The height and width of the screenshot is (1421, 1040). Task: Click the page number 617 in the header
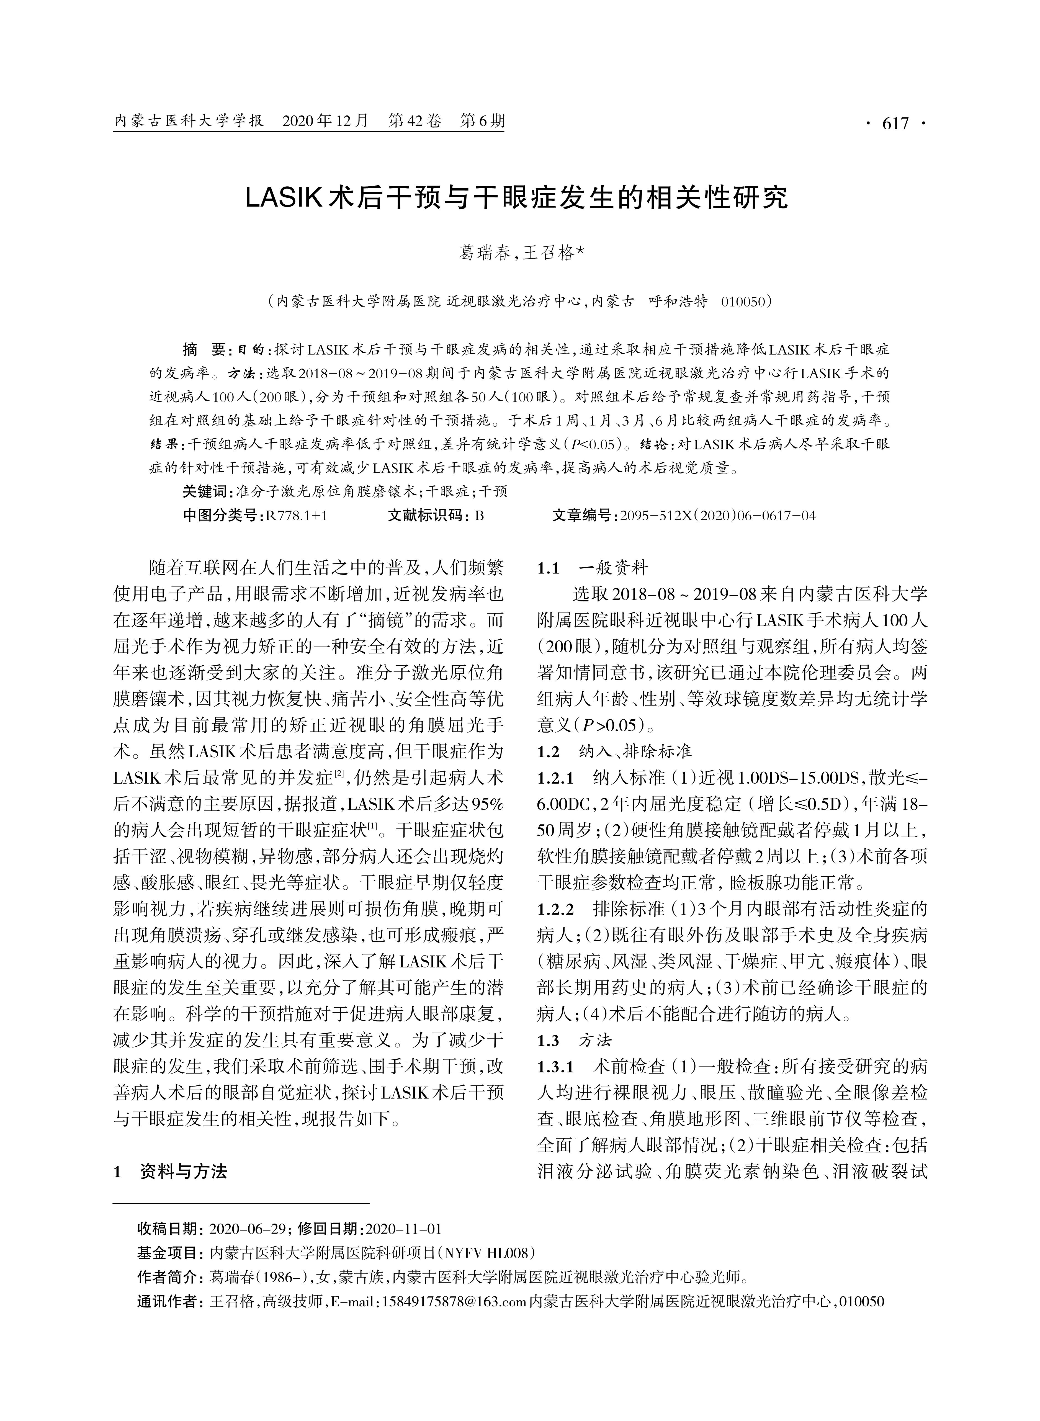pyautogui.click(x=896, y=123)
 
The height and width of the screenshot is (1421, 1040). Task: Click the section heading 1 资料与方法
pyautogui.click(x=170, y=1171)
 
